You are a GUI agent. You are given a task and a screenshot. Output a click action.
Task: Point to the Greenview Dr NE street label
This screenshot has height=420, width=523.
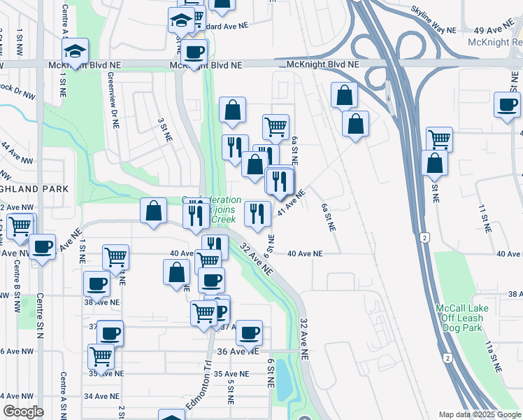[x=113, y=104]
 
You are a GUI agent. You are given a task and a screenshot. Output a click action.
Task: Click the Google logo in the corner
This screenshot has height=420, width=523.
[x=23, y=412]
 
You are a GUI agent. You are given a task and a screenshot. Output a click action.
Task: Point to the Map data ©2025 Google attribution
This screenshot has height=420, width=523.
[x=480, y=414]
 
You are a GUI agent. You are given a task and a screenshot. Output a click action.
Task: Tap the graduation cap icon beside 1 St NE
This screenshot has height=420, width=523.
[x=75, y=50]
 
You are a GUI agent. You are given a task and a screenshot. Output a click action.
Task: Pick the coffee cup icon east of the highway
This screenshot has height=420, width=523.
[x=507, y=105]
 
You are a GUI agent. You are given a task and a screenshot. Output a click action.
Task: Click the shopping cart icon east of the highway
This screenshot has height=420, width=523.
[x=439, y=139]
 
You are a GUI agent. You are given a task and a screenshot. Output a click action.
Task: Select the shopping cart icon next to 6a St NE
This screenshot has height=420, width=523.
[x=276, y=127]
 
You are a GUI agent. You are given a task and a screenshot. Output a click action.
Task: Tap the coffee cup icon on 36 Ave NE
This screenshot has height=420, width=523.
[x=249, y=332]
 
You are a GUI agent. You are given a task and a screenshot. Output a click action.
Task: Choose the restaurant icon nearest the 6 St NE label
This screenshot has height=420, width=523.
[x=257, y=213]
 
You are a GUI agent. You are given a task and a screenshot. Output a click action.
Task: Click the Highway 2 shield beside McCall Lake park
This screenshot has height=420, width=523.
[x=425, y=239]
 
